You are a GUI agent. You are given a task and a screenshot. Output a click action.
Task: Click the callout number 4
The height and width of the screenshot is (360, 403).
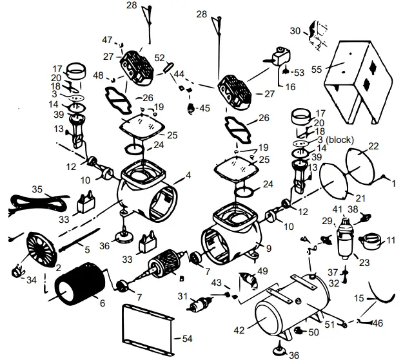pos(188,175)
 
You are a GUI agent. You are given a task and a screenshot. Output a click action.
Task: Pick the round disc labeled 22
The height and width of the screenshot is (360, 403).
pos(362,161)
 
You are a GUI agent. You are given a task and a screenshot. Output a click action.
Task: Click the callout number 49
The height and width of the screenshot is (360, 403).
pos(262,271)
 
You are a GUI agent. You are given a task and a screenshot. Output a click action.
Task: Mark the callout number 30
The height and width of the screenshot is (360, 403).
pos(295,31)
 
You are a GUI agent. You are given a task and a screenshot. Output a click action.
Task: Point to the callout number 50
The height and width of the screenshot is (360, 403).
pos(314,332)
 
